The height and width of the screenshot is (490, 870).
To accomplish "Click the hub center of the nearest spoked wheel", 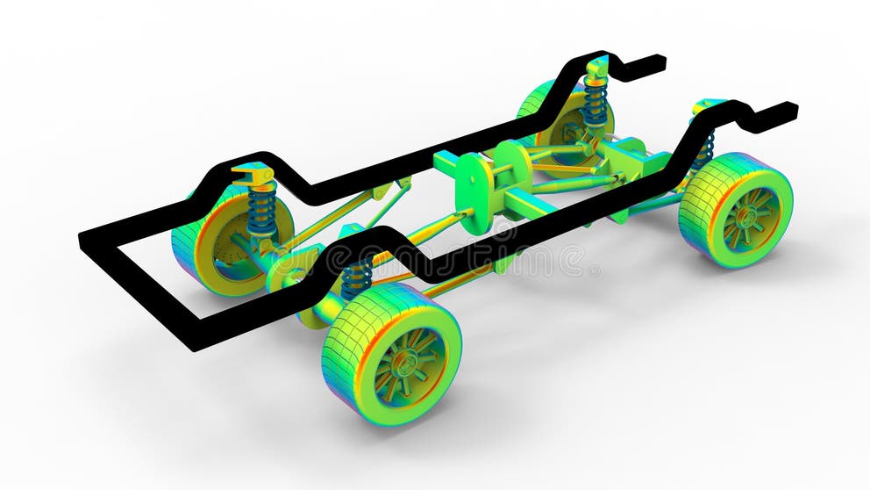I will pyautogui.click(x=406, y=362).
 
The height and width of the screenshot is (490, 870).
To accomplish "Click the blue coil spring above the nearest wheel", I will pyautogui.click(x=355, y=279).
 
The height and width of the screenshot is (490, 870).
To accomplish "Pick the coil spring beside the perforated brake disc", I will pyautogui.click(x=261, y=212).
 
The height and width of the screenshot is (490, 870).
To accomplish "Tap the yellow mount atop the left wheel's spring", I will pyautogui.click(x=254, y=176).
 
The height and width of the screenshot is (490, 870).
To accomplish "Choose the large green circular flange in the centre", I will pyautogui.click(x=474, y=193).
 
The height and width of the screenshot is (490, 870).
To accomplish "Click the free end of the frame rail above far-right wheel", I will pyautogui.click(x=784, y=110).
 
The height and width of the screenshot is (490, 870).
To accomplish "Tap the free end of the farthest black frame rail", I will pyautogui.click(x=653, y=61).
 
